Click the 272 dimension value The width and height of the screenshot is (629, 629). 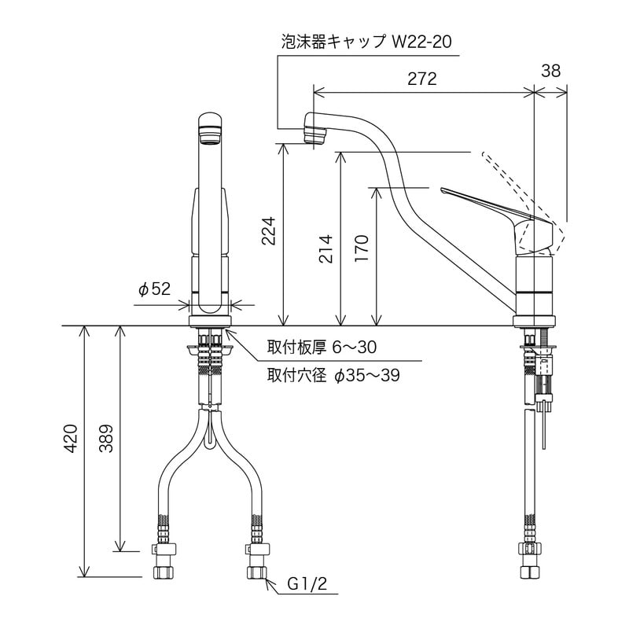(422, 79)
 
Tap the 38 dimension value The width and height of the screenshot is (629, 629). (551, 71)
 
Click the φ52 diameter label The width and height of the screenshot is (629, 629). (154, 289)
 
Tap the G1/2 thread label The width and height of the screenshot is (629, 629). (303, 583)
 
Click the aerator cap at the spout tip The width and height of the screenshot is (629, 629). (315, 131)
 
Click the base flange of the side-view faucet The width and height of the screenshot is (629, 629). (534, 321)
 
